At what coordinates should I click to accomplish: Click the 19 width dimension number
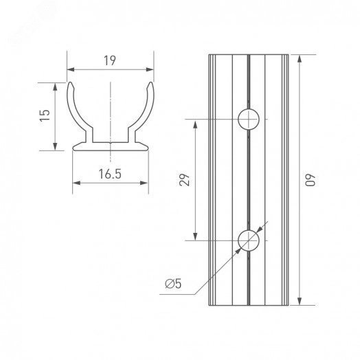pos(110,60)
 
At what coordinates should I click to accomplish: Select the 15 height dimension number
pos(45,115)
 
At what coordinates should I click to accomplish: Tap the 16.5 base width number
pos(110,174)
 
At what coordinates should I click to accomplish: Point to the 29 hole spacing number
pos(185,180)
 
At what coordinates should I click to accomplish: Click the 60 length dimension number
pos(311,180)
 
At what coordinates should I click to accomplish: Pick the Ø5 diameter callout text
pos(173,284)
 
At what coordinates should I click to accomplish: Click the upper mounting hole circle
pos(249,119)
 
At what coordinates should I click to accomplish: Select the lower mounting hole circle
pos(249,240)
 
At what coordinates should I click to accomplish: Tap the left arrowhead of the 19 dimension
pos(71,69)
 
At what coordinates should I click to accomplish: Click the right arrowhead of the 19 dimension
pos(150,69)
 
